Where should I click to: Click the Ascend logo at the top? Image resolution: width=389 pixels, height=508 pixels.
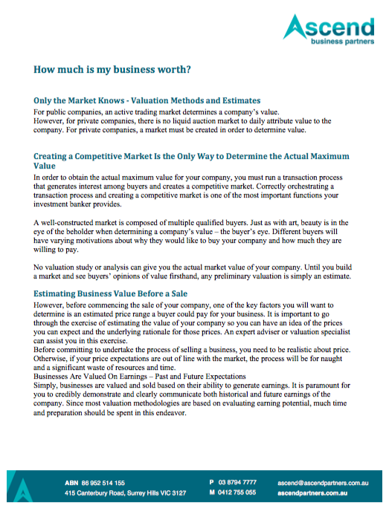(x=329, y=29)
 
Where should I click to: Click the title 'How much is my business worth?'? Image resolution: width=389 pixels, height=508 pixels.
(x=112, y=70)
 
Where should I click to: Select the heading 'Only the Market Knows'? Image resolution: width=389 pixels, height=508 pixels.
(x=147, y=100)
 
